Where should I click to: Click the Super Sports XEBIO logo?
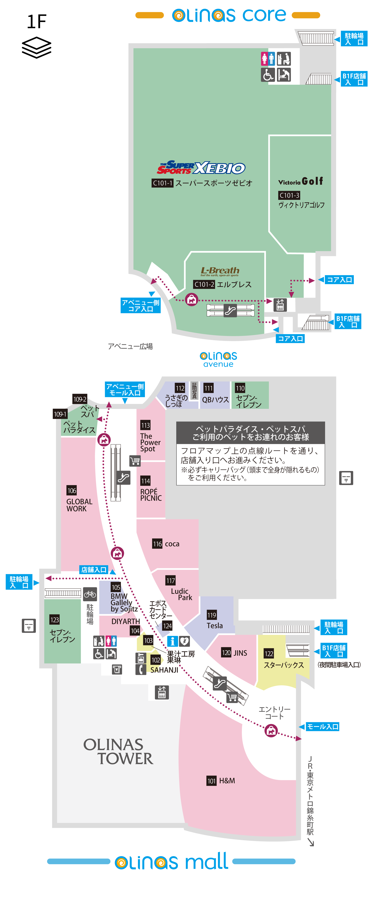201,168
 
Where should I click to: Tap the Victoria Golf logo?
300,181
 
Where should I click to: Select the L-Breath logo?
220,271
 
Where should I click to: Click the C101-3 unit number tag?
289,195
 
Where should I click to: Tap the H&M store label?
227,780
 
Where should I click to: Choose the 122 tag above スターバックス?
269,653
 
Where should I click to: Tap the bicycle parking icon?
90,594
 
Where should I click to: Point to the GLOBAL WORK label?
79,505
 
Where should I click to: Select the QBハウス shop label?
215,400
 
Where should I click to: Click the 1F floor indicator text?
37,22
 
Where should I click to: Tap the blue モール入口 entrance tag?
323,727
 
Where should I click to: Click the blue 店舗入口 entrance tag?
94,570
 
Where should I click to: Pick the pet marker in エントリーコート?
271,731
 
